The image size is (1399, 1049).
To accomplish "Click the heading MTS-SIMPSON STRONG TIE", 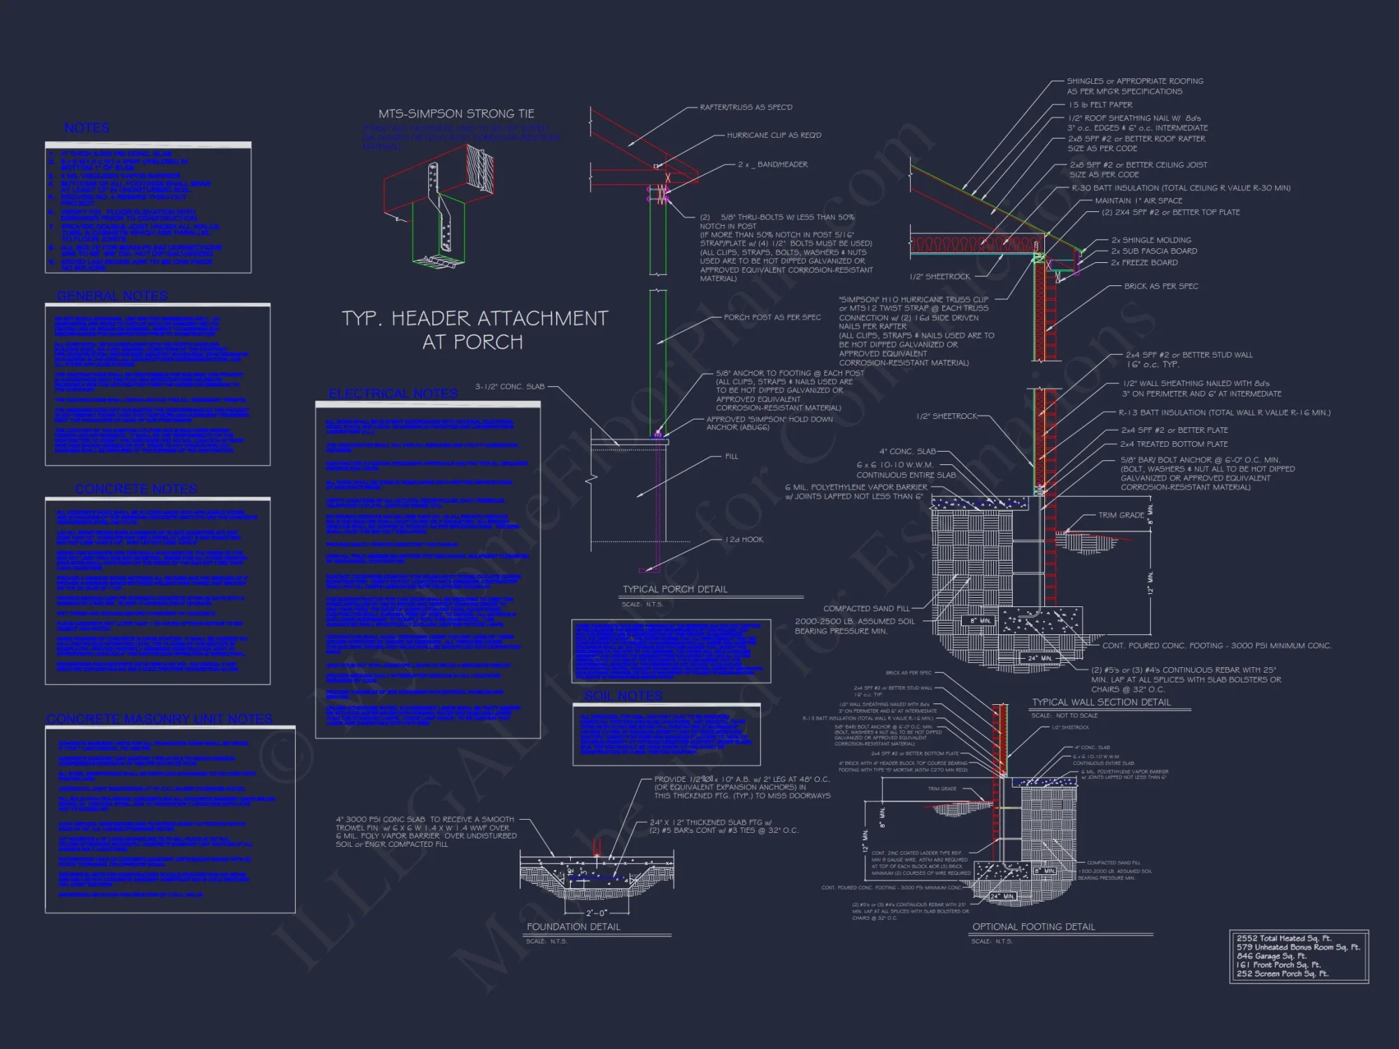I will pyautogui.click(x=456, y=113).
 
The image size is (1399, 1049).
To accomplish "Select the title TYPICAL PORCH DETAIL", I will pyautogui.click(x=675, y=589).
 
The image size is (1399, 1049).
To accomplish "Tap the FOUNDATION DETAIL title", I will pyautogui.click(x=573, y=927).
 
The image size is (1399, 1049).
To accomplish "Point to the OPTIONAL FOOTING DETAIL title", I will pyautogui.click(x=1033, y=927).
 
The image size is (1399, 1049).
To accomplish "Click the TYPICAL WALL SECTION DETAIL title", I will pyautogui.click(x=1101, y=702).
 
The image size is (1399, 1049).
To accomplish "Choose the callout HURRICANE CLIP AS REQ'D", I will pyautogui.click(x=774, y=135).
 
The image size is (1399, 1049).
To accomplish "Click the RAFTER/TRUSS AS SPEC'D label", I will pyautogui.click(x=746, y=107).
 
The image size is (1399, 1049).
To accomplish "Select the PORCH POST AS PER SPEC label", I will pyautogui.click(x=772, y=317).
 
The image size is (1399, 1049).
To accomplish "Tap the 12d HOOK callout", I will pyautogui.click(x=744, y=539).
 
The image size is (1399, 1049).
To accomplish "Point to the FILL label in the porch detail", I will pyautogui.click(x=731, y=456).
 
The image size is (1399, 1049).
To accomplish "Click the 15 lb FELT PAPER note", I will pyautogui.click(x=1100, y=104).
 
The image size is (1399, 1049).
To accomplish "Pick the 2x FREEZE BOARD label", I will pyautogui.click(x=1144, y=262).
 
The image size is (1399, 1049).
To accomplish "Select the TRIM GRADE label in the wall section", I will pyautogui.click(x=1121, y=515).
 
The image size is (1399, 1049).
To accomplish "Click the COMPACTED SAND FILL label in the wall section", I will pyautogui.click(x=866, y=608).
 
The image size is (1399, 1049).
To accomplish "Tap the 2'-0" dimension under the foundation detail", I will pyautogui.click(x=596, y=913).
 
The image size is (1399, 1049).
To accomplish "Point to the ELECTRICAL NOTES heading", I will pyautogui.click(x=393, y=394).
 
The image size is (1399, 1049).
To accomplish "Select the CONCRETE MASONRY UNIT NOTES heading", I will pyautogui.click(x=159, y=719).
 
